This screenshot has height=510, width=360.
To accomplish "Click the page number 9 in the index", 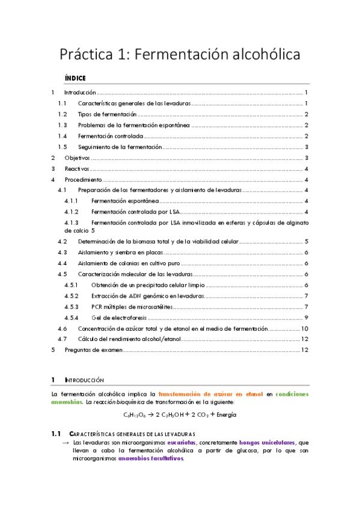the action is (x=307, y=318).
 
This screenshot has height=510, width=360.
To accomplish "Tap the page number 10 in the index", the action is (x=305, y=328).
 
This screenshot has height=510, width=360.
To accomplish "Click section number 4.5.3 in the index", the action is (x=72, y=307).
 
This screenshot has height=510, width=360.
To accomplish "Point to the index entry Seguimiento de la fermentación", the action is (x=120, y=147).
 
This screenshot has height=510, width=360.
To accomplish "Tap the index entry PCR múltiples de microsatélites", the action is (x=131, y=307).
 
